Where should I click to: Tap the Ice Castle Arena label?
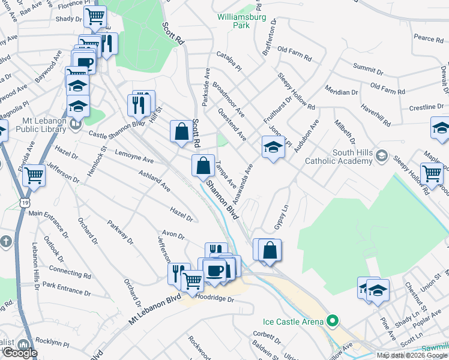click(x=292, y=322)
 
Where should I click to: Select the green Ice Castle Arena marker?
click(x=330, y=322)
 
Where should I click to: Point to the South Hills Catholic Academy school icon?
click(x=381, y=157)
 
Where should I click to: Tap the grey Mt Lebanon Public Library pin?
click(x=75, y=124)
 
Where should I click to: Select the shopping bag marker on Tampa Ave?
click(x=203, y=165)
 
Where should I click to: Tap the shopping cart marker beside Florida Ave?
click(x=34, y=175)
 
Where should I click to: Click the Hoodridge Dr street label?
click(x=214, y=297)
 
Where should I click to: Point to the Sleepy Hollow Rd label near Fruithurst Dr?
click(x=297, y=91)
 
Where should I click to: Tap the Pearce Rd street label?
click(x=428, y=38)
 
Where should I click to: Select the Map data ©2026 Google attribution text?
click(x=411, y=355)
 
